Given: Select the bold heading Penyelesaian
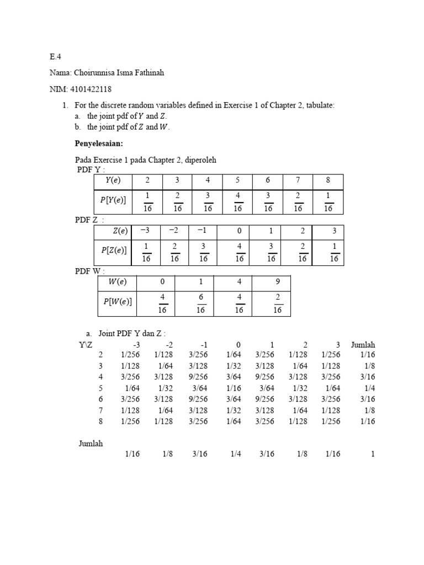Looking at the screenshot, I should (x=98, y=143).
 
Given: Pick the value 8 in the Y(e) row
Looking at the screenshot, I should (x=328, y=180).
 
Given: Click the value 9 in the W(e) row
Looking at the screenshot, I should (x=277, y=281).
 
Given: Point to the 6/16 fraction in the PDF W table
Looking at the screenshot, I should (x=200, y=304).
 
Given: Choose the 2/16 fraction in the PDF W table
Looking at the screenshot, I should (x=277, y=304).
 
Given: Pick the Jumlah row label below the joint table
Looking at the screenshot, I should (x=91, y=443).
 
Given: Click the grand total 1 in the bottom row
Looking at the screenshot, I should (x=373, y=454).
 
